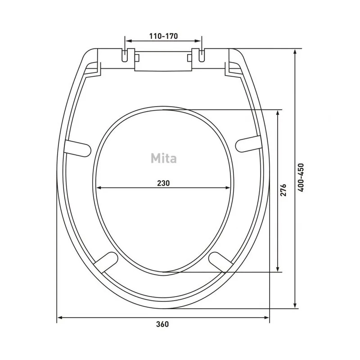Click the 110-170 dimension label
click(163, 36)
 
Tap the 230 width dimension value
click(163, 183)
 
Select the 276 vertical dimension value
click(283, 190)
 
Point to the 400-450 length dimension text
click(301, 177)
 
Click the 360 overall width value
click(162, 324)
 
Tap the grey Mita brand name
click(164, 158)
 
